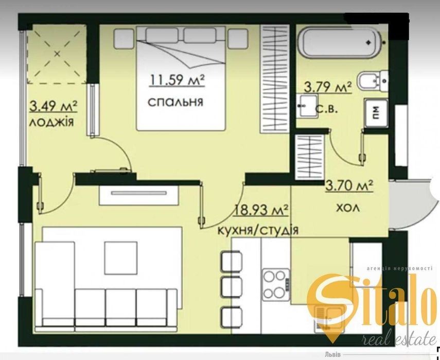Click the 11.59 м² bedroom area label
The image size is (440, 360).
(177, 80)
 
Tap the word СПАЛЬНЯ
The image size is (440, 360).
(175, 102)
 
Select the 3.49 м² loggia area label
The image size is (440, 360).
(54, 107)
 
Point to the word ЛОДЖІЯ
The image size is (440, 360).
(51, 122)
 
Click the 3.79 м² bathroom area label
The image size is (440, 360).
(328, 87)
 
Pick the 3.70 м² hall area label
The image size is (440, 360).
(349, 185)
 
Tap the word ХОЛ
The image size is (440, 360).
(348, 208)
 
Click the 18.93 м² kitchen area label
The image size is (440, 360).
(261, 210)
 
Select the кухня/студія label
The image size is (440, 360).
(258, 231)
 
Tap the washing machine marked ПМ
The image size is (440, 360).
(376, 113)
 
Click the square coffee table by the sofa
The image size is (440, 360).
(121, 258)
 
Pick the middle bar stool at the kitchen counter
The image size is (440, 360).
(232, 286)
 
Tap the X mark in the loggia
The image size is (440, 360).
(57, 54)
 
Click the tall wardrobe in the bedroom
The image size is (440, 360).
(275, 79)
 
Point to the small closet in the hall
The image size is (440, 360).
(309, 157)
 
